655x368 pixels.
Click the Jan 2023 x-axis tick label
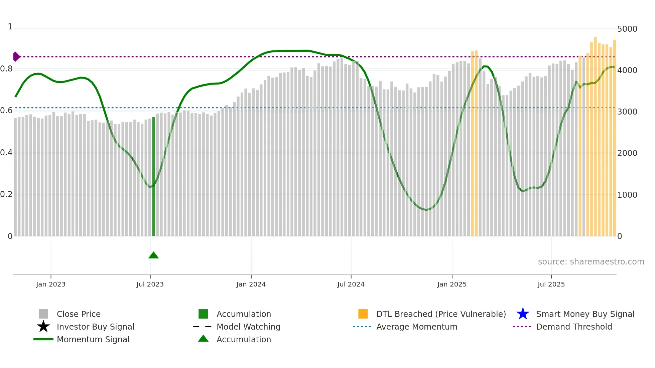[x=51, y=284]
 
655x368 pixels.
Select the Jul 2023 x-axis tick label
[x=150, y=284]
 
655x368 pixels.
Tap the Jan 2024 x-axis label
[x=251, y=284]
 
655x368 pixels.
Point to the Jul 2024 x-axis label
[x=351, y=284]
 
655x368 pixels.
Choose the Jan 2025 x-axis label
[x=452, y=284]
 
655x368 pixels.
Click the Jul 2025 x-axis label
[x=551, y=284]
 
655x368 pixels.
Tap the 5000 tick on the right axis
[x=627, y=29]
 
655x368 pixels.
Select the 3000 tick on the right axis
[x=627, y=112]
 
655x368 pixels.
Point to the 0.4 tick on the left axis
[x=6, y=153]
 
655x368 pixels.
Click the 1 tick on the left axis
[x=10, y=27]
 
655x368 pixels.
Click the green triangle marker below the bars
[x=153, y=255]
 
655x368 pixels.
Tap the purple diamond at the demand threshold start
[x=16, y=57]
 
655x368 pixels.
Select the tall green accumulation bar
[x=154, y=177]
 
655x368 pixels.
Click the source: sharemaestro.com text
[x=591, y=262]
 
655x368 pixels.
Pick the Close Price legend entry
[x=79, y=314]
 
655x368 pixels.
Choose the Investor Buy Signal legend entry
[x=95, y=327]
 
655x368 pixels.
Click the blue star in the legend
[x=523, y=314]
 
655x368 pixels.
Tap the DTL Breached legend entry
[x=441, y=314]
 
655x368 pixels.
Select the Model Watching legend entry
[x=248, y=327]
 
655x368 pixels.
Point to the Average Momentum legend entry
[x=417, y=327]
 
